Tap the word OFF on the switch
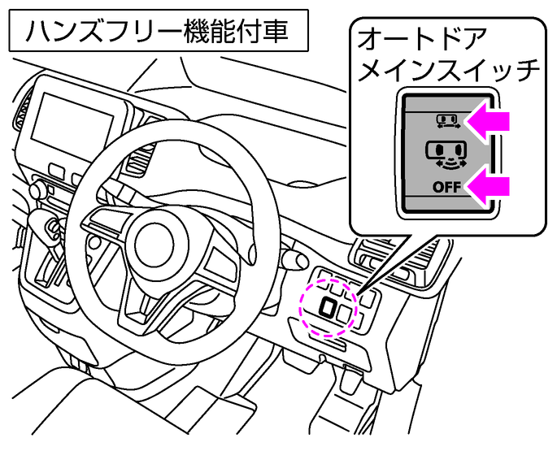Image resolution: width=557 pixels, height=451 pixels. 446,188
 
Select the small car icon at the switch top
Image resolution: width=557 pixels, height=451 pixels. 446,122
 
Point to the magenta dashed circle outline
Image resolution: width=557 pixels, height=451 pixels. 302,305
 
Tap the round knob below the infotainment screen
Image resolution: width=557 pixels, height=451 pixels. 36,190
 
